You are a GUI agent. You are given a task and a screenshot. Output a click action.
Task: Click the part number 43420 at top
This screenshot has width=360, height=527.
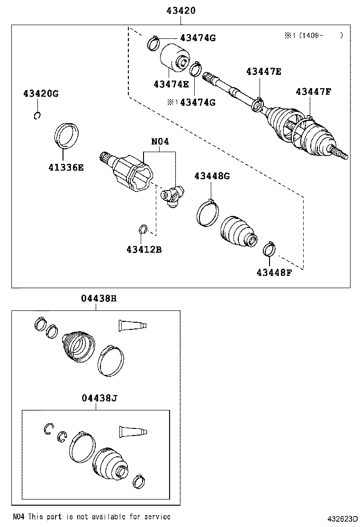tap(181, 10)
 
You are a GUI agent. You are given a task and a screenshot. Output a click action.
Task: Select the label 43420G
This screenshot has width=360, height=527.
tap(41, 93)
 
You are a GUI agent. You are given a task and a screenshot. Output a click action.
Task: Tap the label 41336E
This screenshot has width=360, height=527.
tap(66, 167)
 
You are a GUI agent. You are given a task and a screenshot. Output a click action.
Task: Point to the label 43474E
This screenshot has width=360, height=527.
tap(171, 84)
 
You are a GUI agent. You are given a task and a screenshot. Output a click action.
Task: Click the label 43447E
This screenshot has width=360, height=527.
tap(264, 71)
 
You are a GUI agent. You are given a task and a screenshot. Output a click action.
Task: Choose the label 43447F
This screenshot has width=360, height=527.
tap(313, 91)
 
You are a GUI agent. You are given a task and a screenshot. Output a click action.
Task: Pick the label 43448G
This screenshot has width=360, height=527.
tap(212, 176)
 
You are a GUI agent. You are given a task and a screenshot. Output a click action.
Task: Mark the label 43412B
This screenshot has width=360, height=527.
tap(144, 249)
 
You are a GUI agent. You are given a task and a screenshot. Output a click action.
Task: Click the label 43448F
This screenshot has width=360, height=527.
tap(274, 273)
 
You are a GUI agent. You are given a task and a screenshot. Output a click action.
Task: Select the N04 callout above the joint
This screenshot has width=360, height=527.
tap(160, 142)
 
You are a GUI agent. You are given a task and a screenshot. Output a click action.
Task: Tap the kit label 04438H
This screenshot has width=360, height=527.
tap(99, 298)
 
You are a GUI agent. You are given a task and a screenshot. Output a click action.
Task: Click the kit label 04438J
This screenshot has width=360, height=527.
tap(99, 398)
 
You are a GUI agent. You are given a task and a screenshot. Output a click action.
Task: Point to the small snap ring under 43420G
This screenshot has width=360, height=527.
tap(37, 116)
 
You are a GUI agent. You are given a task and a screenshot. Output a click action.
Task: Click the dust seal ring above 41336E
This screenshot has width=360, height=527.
tap(66, 136)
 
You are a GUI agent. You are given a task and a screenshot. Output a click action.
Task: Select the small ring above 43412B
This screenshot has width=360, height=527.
tap(143, 229)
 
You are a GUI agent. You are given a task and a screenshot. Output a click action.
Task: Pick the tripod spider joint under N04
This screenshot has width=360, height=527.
tap(172, 196)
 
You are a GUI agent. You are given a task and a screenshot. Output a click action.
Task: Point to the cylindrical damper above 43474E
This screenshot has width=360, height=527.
tap(174, 57)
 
